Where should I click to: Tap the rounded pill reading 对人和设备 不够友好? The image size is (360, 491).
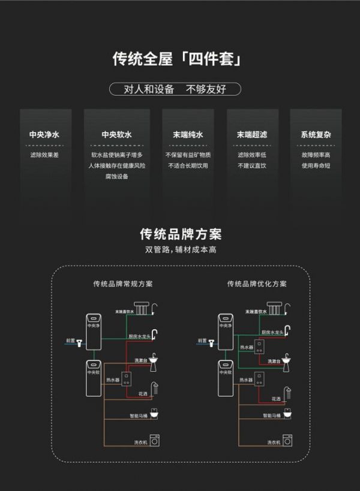tap(175, 89)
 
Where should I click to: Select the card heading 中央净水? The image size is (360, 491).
tap(44, 135)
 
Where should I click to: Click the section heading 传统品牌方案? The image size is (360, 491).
tap(180, 233)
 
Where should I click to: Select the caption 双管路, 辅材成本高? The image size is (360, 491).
tap(180, 249)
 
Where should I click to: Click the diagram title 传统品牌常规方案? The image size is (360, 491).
tap(122, 284)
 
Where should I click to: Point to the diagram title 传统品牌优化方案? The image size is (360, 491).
tap(257, 284)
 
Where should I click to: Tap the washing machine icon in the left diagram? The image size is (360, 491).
tap(154, 441)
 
